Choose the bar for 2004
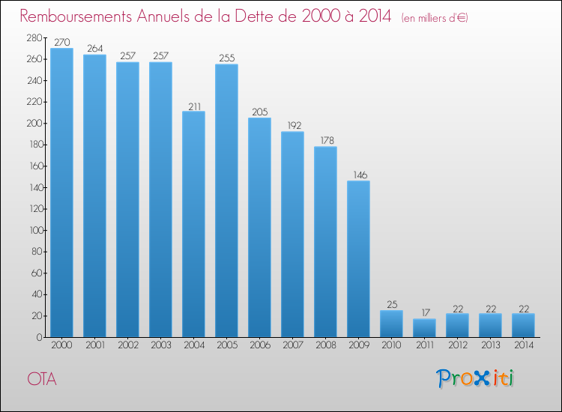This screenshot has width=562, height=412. (x=193, y=224)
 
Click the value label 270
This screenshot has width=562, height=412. (x=61, y=43)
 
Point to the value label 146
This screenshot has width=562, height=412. (x=358, y=175)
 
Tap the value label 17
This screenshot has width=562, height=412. (x=424, y=313)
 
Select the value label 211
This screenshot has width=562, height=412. (x=193, y=106)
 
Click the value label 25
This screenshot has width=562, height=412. (x=391, y=305)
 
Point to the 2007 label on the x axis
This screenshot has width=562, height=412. (x=292, y=346)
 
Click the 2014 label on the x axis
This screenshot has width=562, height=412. (x=523, y=346)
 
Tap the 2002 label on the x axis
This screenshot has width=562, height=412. (x=127, y=346)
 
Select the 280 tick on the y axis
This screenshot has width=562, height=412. (x=33, y=37)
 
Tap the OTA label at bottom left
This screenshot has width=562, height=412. (x=42, y=379)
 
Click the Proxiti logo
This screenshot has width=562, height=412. (x=475, y=378)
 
